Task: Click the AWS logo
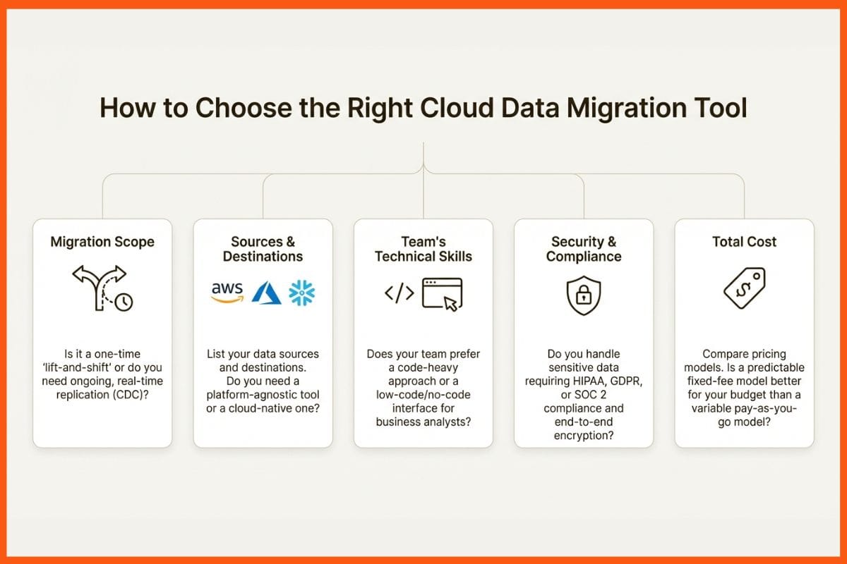227,292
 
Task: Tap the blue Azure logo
266,292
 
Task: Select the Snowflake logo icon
302,292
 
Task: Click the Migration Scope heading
102,242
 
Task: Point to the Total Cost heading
744,242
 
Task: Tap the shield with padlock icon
584,295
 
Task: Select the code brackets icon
399,293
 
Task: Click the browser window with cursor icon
442,293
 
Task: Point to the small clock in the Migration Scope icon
124,302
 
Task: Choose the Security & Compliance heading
584,248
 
